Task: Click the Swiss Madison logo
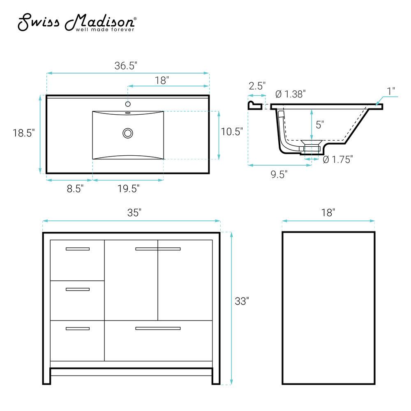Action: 77,22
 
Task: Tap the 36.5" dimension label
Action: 126,65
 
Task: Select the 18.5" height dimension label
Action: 23,133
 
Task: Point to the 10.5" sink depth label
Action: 232,132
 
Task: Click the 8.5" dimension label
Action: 75,189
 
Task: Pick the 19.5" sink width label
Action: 128,189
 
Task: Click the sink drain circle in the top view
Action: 128,133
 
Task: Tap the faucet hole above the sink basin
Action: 128,104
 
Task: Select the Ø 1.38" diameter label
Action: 291,94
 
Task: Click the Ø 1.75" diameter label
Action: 337,159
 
